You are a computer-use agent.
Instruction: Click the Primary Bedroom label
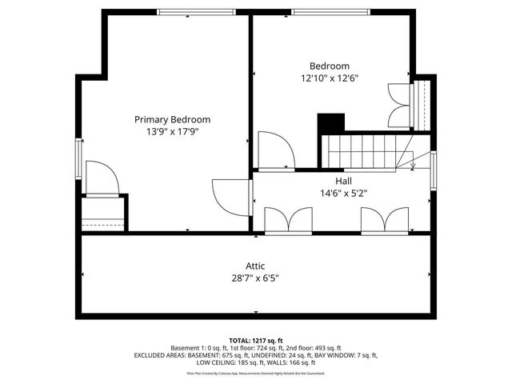click(x=178, y=119)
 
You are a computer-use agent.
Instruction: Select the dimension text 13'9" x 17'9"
click(x=178, y=132)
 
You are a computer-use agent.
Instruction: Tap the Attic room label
click(x=255, y=266)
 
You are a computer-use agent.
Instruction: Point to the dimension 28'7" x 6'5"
click(x=255, y=279)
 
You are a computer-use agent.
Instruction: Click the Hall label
click(x=343, y=181)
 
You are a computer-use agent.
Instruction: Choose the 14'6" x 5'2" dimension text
click(x=343, y=193)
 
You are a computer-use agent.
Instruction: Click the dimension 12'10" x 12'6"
click(x=330, y=78)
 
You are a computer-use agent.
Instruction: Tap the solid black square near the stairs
click(x=330, y=124)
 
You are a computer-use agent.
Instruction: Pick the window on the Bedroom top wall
click(x=330, y=12)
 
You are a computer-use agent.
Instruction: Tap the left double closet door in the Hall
click(x=288, y=221)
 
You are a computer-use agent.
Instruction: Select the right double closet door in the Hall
click(x=384, y=221)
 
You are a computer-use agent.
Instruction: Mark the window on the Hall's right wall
click(x=433, y=170)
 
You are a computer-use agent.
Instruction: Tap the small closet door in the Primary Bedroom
click(x=102, y=179)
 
